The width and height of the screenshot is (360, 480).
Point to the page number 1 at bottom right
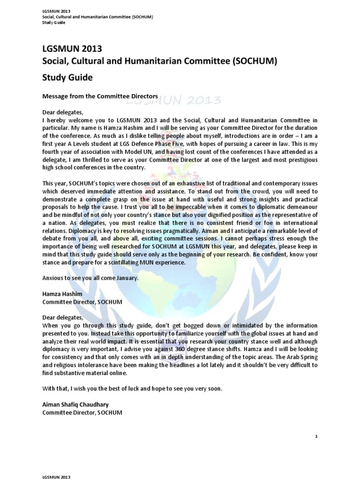(316, 436)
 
